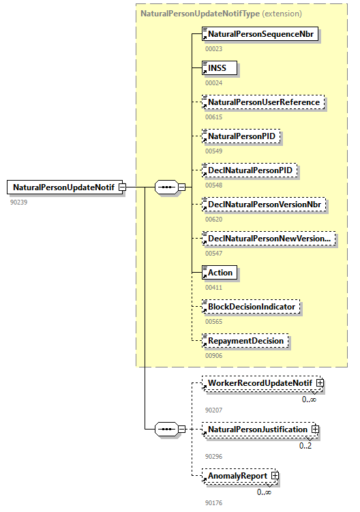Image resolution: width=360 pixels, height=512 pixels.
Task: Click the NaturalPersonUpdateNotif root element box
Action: point(63,187)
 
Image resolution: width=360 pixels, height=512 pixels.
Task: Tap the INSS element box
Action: point(222,68)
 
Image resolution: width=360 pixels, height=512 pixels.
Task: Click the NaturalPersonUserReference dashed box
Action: point(263,102)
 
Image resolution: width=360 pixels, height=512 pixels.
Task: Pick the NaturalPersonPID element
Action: point(241,136)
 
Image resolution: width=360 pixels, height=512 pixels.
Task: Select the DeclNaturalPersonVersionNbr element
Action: point(265,204)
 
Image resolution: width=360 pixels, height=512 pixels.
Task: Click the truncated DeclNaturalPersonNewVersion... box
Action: point(269,238)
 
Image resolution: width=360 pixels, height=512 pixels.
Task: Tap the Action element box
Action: point(220,273)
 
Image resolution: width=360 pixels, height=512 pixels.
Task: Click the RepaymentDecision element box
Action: point(245,340)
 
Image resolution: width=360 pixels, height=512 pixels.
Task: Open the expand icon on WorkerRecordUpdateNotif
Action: point(320,383)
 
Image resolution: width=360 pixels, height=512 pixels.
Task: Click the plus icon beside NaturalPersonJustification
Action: point(315,430)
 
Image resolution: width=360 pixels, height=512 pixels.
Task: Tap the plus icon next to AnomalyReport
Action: point(275,475)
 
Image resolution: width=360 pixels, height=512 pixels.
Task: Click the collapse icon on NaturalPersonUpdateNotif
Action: point(122,187)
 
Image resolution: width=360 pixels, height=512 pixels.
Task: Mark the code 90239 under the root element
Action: point(18,202)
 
